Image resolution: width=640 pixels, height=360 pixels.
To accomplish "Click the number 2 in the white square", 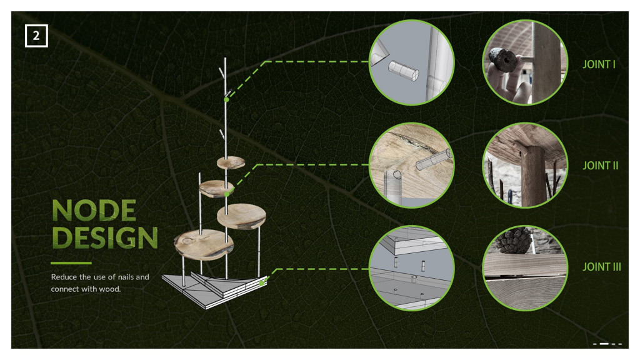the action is tap(36, 36).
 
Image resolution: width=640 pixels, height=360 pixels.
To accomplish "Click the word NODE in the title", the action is tap(94, 211).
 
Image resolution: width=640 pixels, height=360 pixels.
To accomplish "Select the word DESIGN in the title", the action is tap(105, 237).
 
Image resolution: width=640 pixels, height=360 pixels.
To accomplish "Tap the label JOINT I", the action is tap(598, 64).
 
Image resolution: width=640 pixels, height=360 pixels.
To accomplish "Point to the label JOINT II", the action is tap(600, 165).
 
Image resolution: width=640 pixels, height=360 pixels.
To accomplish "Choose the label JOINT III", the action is tap(601, 266).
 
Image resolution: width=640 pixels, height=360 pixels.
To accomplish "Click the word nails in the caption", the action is tap(125, 277).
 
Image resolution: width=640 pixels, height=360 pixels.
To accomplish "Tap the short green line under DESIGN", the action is tap(71, 263).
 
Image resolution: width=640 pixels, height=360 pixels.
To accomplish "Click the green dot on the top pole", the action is tap(226, 99).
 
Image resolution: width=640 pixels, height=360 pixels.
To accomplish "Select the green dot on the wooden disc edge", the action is tap(227, 194).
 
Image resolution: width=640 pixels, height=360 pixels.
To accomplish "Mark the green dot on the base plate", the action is tap(262, 283).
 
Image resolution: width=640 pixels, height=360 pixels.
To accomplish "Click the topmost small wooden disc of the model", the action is tap(231, 163).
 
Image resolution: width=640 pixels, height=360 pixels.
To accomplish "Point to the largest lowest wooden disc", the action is tap(203, 244).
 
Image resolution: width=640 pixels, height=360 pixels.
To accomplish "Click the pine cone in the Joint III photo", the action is tap(512, 241).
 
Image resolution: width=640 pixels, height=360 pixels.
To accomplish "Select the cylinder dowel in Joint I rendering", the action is tap(403, 71).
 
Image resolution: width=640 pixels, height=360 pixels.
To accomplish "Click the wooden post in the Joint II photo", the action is tap(533, 176).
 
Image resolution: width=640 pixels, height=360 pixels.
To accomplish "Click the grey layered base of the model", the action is tap(214, 289).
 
